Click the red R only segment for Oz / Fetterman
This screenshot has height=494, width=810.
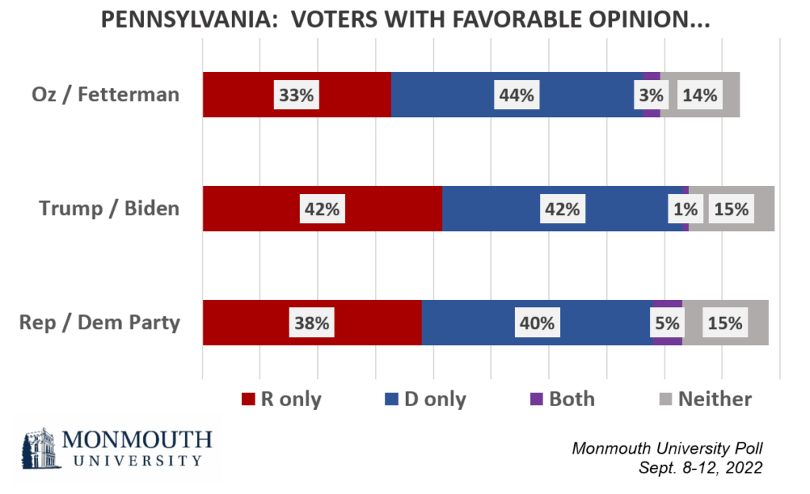point(237,95)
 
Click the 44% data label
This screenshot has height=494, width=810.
point(517,95)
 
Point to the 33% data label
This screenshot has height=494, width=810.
point(297,95)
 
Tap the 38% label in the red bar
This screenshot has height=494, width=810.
point(311,323)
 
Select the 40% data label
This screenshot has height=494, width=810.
point(537,323)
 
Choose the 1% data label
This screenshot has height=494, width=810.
point(685,209)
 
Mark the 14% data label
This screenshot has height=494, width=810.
point(699,95)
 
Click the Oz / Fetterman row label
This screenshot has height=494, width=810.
point(105,95)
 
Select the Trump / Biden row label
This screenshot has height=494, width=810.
point(110,209)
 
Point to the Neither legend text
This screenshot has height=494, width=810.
point(714,399)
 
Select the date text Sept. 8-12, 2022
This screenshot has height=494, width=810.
point(700,468)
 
